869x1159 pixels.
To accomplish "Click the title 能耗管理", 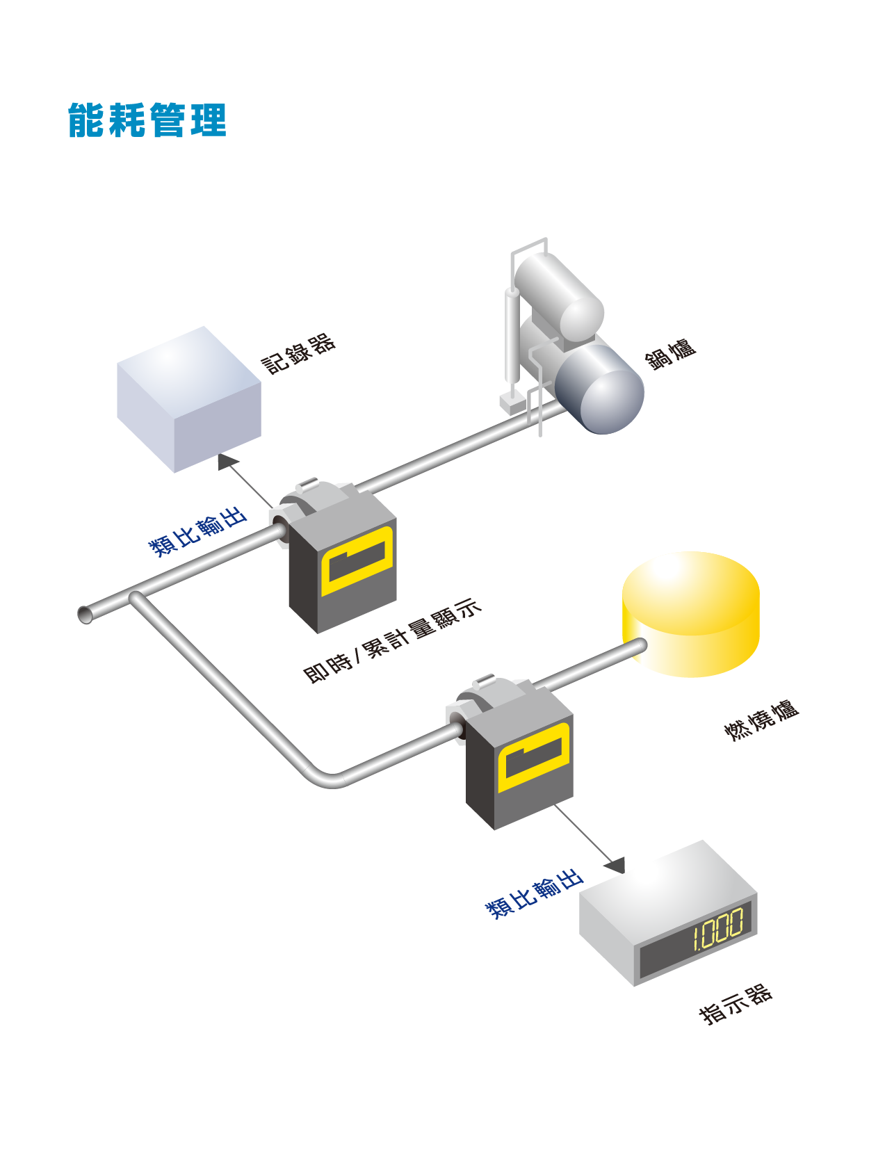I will [x=147, y=120].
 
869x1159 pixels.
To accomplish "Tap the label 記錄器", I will [x=298, y=354].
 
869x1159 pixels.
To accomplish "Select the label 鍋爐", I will [x=669, y=355].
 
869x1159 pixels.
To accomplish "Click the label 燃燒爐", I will [x=761, y=721].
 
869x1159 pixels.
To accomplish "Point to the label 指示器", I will [x=736, y=1005].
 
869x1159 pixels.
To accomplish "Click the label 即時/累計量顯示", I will [x=392, y=640].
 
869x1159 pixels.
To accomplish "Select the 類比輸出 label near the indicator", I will [x=534, y=893].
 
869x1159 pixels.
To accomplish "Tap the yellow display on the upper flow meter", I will [x=357, y=561].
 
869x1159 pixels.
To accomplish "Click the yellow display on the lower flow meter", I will [x=534, y=757].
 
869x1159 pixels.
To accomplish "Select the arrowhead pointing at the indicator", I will [x=615, y=866].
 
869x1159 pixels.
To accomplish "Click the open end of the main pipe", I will [x=85, y=615].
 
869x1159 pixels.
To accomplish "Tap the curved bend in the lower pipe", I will [x=327, y=777].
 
